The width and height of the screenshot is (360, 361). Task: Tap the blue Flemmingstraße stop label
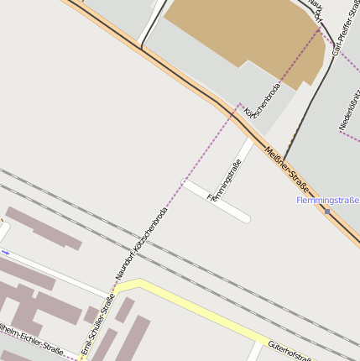click(327, 201)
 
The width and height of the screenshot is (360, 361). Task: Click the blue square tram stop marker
click(327, 211)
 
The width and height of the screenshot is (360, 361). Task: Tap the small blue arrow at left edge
click(5, 252)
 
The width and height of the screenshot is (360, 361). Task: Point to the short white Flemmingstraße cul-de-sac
click(217, 201)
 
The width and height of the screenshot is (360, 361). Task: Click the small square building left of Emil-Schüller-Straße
click(91, 316)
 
